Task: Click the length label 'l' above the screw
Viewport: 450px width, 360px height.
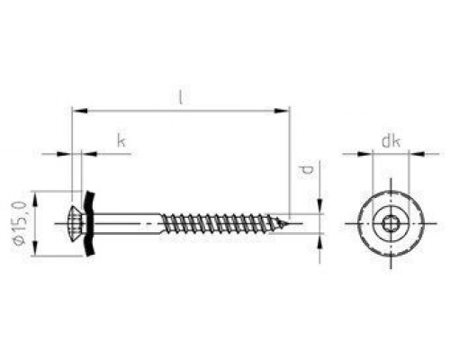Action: (x=180, y=96)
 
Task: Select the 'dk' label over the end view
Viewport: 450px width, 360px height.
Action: (x=391, y=140)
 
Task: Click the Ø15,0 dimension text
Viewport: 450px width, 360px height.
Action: (x=20, y=223)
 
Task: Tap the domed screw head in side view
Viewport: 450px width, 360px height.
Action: (x=78, y=223)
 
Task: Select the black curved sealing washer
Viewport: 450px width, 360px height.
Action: (x=90, y=223)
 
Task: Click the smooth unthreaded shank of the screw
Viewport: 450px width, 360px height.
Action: (x=128, y=223)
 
